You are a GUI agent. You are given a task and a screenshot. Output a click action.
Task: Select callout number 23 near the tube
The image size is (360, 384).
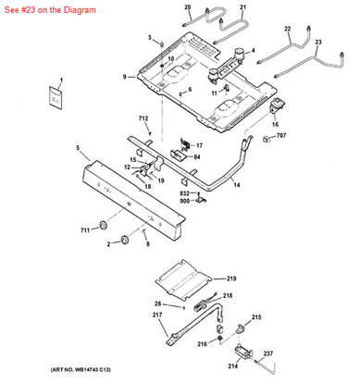318,43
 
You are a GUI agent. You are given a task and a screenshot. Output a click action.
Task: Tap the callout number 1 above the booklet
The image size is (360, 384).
60,81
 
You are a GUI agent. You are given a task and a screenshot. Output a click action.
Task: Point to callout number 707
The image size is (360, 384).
280,137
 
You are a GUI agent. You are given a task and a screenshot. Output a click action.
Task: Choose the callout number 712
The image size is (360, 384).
143,120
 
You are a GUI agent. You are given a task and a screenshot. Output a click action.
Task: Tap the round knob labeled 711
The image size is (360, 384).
105,225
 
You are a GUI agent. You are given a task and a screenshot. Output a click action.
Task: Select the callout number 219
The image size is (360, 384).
231,278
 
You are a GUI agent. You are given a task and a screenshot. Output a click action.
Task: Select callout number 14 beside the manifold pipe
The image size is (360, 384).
236,185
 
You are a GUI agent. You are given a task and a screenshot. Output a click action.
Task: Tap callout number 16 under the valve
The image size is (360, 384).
275,123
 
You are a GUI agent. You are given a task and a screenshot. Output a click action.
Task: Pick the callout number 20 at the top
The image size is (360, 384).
187,7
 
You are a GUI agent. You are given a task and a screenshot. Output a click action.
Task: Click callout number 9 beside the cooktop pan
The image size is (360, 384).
123,76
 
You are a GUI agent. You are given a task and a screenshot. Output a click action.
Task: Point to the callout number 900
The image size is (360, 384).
184,200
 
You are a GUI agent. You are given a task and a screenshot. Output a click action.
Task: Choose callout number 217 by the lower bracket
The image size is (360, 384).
155,314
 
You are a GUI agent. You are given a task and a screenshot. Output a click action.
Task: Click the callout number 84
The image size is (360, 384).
196,156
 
